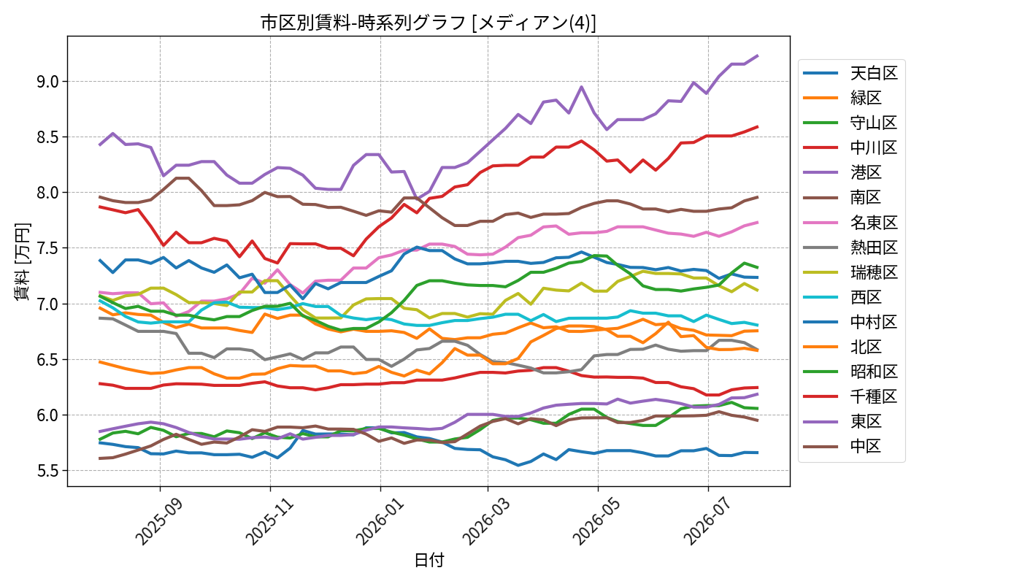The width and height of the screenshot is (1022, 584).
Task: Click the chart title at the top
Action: click(428, 23)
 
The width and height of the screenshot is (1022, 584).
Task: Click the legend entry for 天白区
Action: click(850, 73)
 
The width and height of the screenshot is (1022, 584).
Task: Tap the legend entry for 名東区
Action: click(850, 223)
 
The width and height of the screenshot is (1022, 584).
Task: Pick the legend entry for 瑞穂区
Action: click(850, 272)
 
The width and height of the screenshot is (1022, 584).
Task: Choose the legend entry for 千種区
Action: click(850, 396)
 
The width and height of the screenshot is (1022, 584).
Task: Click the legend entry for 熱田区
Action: click(850, 247)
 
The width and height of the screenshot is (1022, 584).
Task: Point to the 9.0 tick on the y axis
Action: click(48, 82)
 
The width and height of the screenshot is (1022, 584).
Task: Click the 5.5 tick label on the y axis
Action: click(48, 470)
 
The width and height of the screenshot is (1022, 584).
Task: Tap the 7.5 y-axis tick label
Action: click(48, 248)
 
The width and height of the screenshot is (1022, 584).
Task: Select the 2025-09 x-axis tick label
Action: click(160, 520)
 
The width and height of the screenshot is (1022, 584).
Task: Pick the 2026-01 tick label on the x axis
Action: click(380, 520)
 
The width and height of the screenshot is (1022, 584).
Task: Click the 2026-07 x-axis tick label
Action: click(708, 520)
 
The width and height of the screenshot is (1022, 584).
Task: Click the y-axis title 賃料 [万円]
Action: click(22, 261)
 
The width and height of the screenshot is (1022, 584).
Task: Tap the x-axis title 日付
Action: click(429, 560)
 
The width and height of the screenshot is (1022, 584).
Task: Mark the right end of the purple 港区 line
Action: click(758, 55)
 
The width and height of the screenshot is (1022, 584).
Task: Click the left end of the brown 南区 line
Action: click(100, 196)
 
